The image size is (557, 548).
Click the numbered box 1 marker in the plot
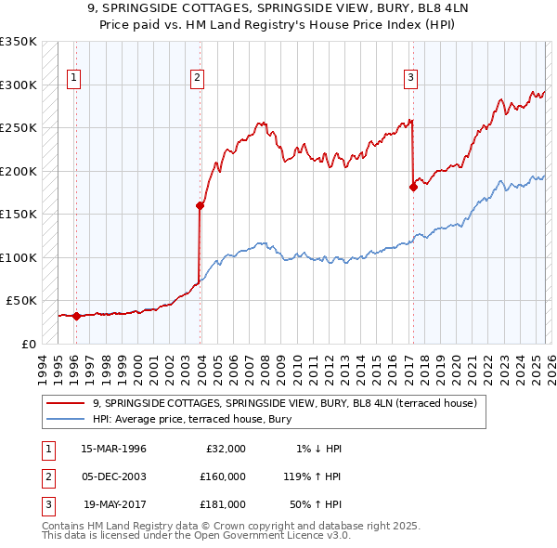(74, 79)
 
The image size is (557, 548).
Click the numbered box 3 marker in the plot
(410, 79)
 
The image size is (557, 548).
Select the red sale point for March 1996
(76, 316)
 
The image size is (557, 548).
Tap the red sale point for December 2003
(200, 205)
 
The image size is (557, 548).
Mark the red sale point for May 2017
(413, 187)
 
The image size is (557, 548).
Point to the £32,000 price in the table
(226, 449)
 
